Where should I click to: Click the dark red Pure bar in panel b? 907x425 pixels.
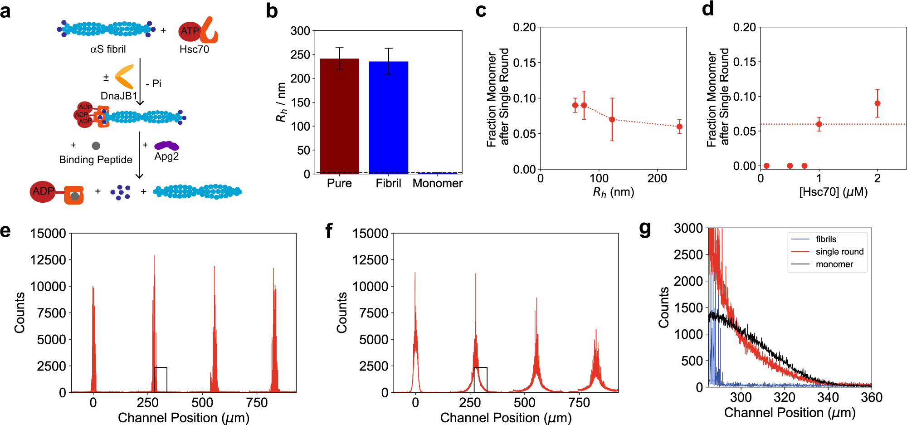click(339, 116)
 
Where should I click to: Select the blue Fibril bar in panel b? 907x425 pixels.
click(388, 117)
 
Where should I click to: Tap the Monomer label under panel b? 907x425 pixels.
click(437, 183)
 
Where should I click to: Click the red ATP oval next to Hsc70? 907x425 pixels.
click(190, 31)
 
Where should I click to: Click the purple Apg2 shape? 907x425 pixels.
click(166, 146)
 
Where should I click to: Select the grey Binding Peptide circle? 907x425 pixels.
click(96, 146)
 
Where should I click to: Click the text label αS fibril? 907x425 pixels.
click(108, 49)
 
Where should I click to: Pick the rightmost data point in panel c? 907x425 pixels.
click(679, 127)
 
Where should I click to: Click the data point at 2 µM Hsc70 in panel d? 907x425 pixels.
click(877, 103)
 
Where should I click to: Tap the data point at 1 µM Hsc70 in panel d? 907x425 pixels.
click(819, 124)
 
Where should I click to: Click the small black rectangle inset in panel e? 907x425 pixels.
click(161, 380)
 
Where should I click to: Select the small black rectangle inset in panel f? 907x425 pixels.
click(481, 380)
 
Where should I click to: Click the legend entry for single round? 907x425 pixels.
click(839, 252)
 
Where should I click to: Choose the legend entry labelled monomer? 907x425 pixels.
click(834, 264)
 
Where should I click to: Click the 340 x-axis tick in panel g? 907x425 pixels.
click(828, 398)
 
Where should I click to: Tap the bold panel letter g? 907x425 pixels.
click(644, 229)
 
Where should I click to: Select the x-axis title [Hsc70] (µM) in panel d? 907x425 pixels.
click(833, 192)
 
